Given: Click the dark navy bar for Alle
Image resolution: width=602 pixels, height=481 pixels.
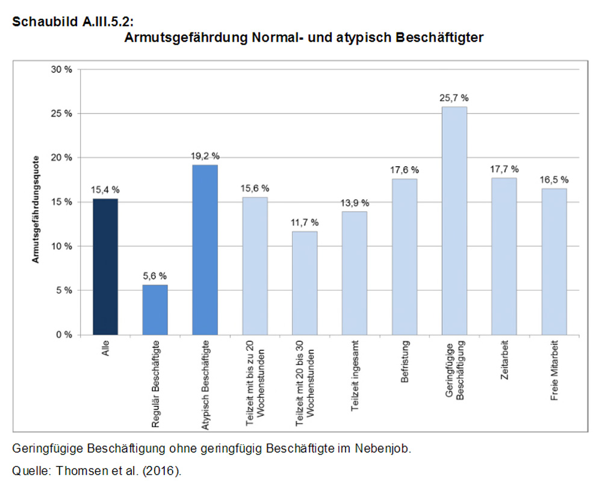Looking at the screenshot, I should tap(105, 266).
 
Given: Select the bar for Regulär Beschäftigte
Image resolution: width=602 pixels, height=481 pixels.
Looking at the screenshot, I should tap(155, 309).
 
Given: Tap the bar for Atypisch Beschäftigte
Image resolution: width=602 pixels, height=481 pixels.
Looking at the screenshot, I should tap(205, 249).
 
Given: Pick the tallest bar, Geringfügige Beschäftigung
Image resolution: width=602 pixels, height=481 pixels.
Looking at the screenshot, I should tap(455, 220).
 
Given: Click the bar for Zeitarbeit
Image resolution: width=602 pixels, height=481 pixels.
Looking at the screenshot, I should tap(504, 256).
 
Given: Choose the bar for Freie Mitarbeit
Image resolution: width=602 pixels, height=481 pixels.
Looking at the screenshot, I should tap(554, 261).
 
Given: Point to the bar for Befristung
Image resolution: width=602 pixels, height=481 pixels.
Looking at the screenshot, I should tap(405, 256).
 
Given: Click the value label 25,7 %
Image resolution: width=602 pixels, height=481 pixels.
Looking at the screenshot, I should tap(455, 98).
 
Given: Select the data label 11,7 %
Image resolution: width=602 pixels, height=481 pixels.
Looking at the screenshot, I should tap(305, 222).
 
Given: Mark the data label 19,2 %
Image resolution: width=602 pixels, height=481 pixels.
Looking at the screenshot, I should tap(205, 155).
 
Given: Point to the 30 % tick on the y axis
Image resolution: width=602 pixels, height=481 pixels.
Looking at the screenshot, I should tap(61, 69).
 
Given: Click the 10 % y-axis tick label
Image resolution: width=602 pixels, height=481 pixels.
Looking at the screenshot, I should tap(61, 246).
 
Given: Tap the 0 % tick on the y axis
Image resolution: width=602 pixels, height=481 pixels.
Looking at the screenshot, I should tap(63, 334).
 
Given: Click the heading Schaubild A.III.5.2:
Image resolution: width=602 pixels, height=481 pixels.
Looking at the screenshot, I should tap(72, 22).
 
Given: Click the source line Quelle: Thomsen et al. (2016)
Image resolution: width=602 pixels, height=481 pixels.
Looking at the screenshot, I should tap(97, 470).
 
